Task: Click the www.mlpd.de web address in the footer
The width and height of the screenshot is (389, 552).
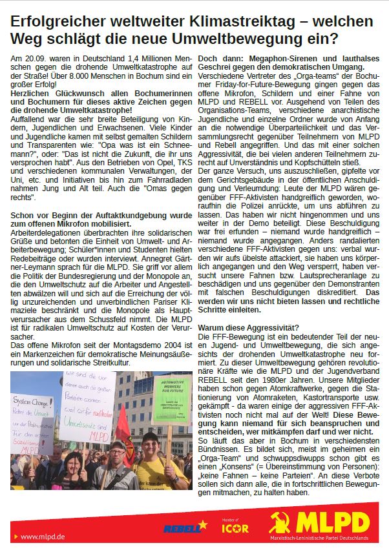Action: tap(44, 537)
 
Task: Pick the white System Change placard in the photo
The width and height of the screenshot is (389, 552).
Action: tap(32, 426)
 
